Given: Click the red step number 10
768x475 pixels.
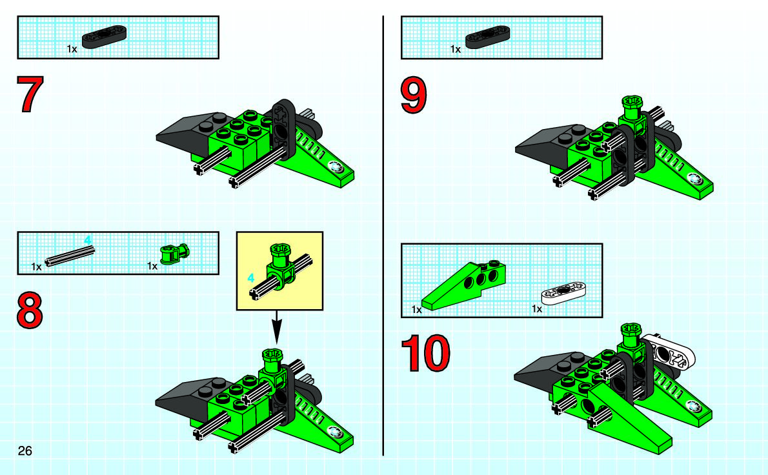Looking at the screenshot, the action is (425, 353).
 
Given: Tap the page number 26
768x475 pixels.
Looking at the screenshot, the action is (25, 450).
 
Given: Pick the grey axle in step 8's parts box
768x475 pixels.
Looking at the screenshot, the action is (70, 258).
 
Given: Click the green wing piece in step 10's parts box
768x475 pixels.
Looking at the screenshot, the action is (465, 284).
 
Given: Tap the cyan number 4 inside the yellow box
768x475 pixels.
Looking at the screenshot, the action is (251, 278).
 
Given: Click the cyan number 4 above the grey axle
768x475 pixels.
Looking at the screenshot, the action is (88, 240).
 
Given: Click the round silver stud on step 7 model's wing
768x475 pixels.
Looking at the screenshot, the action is (334, 167).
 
